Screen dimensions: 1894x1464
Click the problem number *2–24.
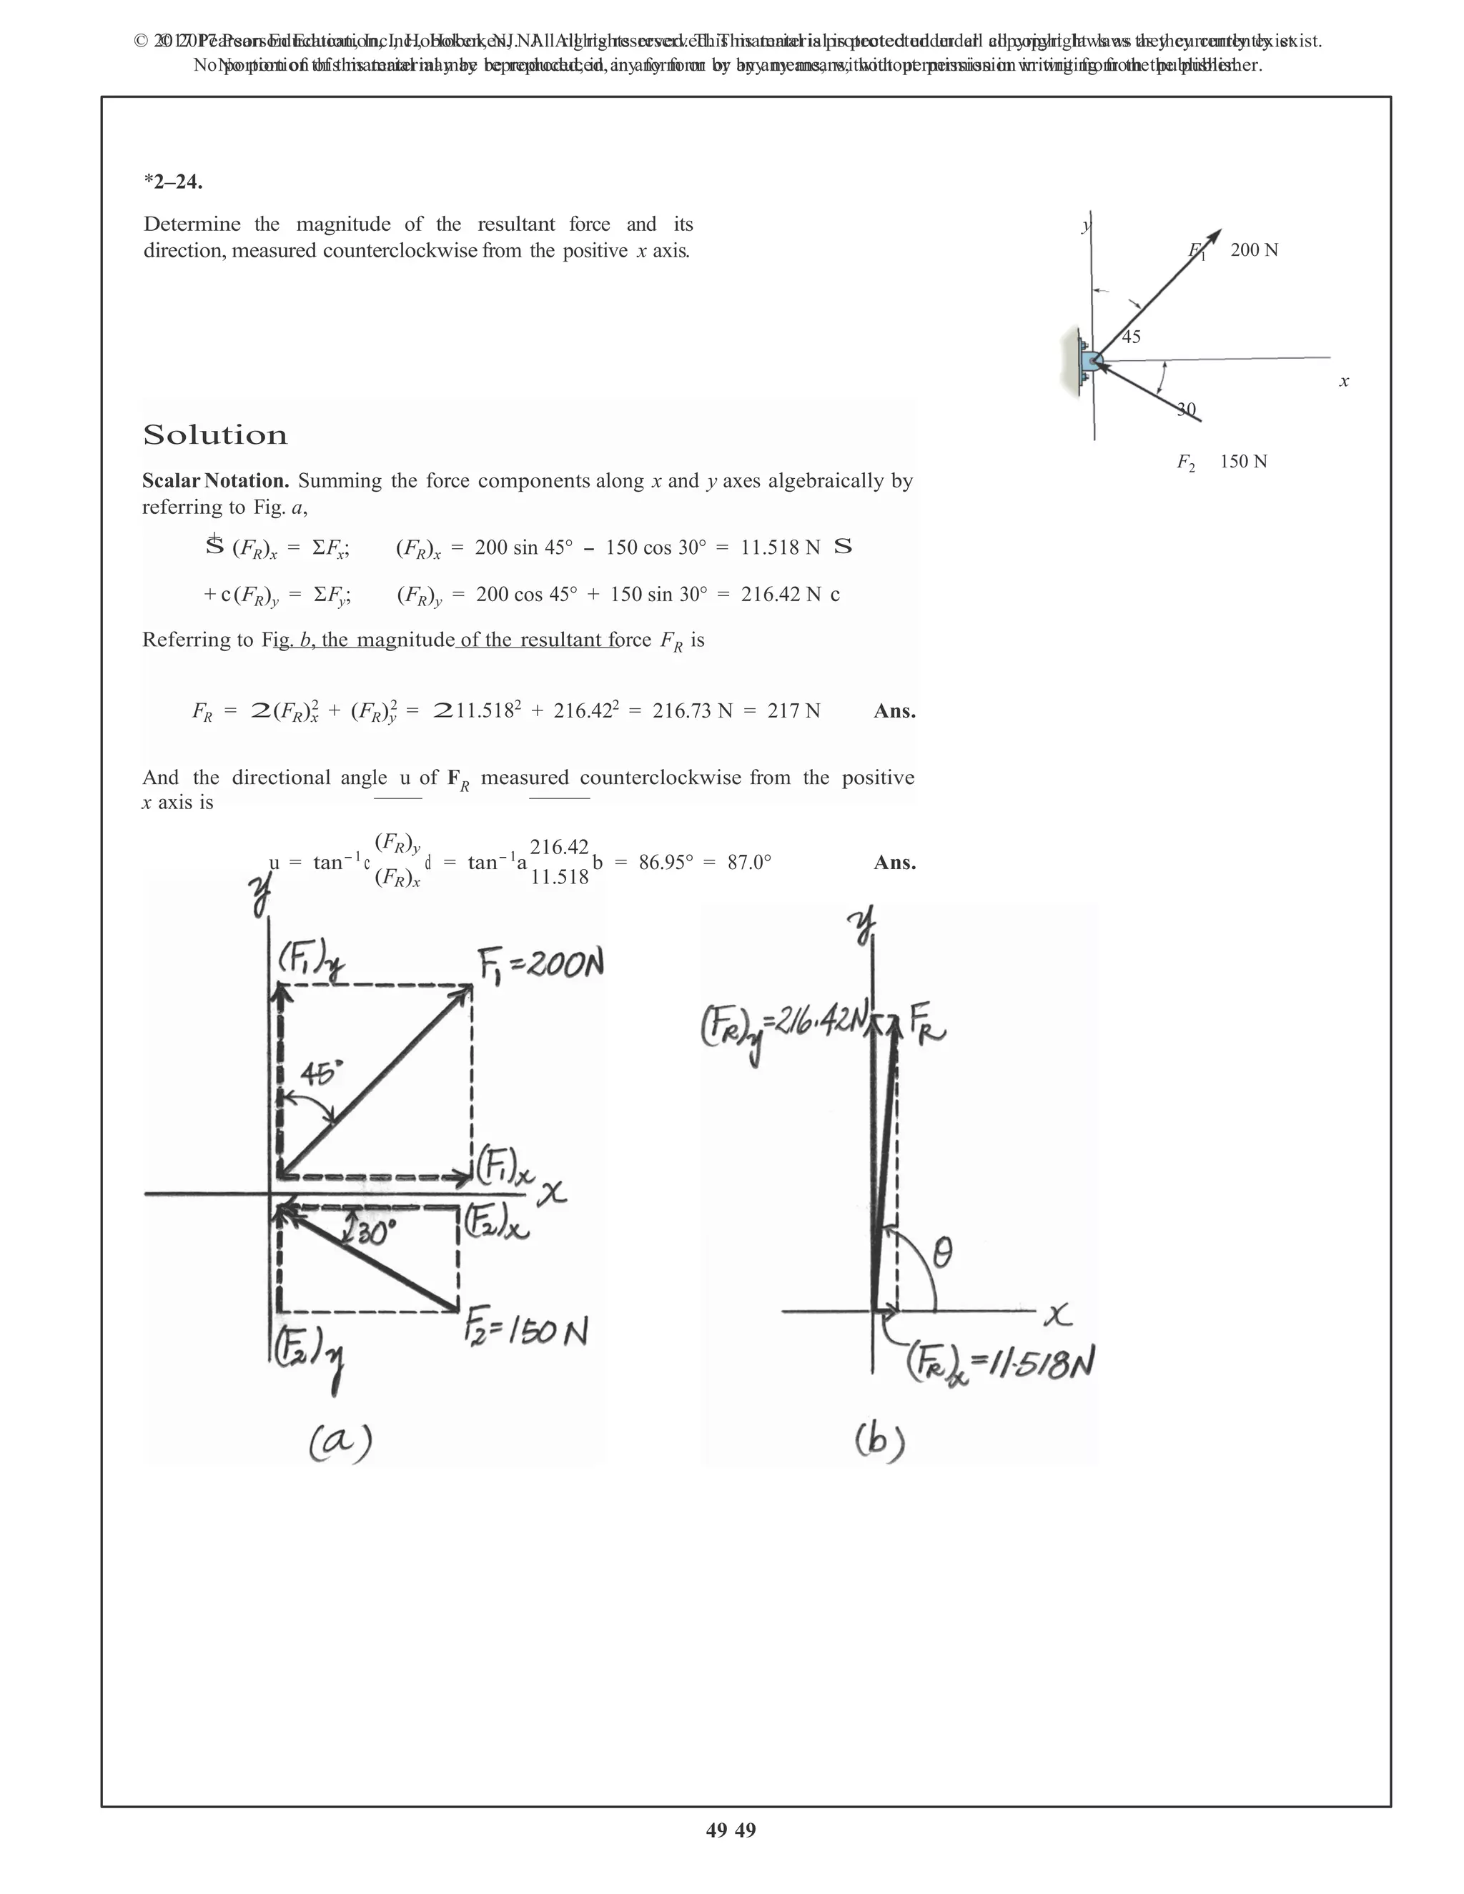[174, 182]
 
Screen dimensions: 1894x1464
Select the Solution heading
[214, 435]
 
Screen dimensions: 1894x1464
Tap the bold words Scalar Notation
[215, 481]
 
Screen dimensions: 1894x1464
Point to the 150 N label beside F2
[1244, 462]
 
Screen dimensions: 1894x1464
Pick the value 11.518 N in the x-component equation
[780, 548]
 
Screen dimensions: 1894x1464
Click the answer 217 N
[793, 712]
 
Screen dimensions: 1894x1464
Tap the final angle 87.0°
[749, 863]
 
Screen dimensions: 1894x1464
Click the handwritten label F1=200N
[540, 964]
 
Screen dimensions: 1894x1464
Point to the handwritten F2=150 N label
[525, 1329]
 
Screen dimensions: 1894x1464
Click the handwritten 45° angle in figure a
[321, 1074]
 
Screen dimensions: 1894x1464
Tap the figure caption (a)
[341, 1442]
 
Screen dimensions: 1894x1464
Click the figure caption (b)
[879, 1442]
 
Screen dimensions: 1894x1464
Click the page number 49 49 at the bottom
[731, 1830]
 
